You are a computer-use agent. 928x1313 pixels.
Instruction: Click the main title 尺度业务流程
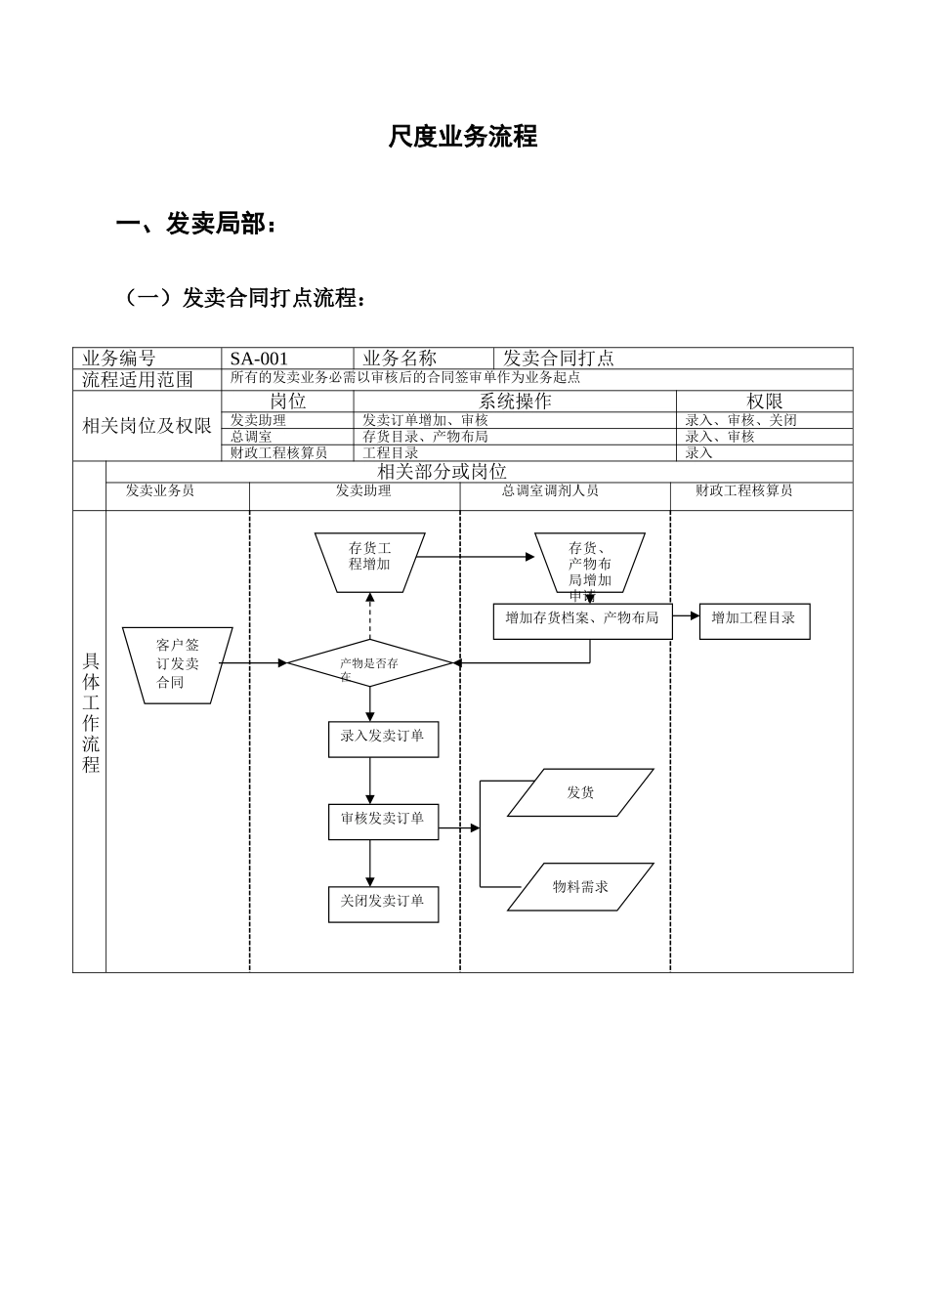pyautogui.click(x=463, y=137)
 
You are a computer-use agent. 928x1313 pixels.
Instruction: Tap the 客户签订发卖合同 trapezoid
pyautogui.click(x=178, y=665)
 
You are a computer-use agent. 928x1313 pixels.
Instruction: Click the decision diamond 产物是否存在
pyautogui.click(x=370, y=663)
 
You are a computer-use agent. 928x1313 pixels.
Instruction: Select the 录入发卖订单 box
pyautogui.click(x=383, y=738)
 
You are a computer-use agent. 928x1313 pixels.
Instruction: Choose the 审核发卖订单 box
pyautogui.click(x=383, y=821)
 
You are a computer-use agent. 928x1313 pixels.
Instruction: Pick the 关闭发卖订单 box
pyautogui.click(x=383, y=903)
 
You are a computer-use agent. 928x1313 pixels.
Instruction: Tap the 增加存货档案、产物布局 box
pyautogui.click(x=582, y=619)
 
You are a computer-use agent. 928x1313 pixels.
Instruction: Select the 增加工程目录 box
pyautogui.click(x=754, y=619)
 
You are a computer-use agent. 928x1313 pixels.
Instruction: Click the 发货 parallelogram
pyautogui.click(x=581, y=793)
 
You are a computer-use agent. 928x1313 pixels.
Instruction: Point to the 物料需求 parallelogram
pyautogui.click(x=581, y=887)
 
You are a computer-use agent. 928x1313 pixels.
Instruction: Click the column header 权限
pyautogui.click(x=765, y=402)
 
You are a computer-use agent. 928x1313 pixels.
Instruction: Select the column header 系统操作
pyautogui.click(x=515, y=402)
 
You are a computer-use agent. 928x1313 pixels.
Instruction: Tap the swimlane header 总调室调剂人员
pyautogui.click(x=551, y=491)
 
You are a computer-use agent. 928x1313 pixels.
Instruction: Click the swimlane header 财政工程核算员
pyautogui.click(x=744, y=491)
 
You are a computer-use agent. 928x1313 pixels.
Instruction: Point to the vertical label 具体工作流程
pyautogui.click(x=91, y=713)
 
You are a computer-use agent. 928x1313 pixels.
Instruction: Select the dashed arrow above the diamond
pyautogui.click(x=370, y=616)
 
